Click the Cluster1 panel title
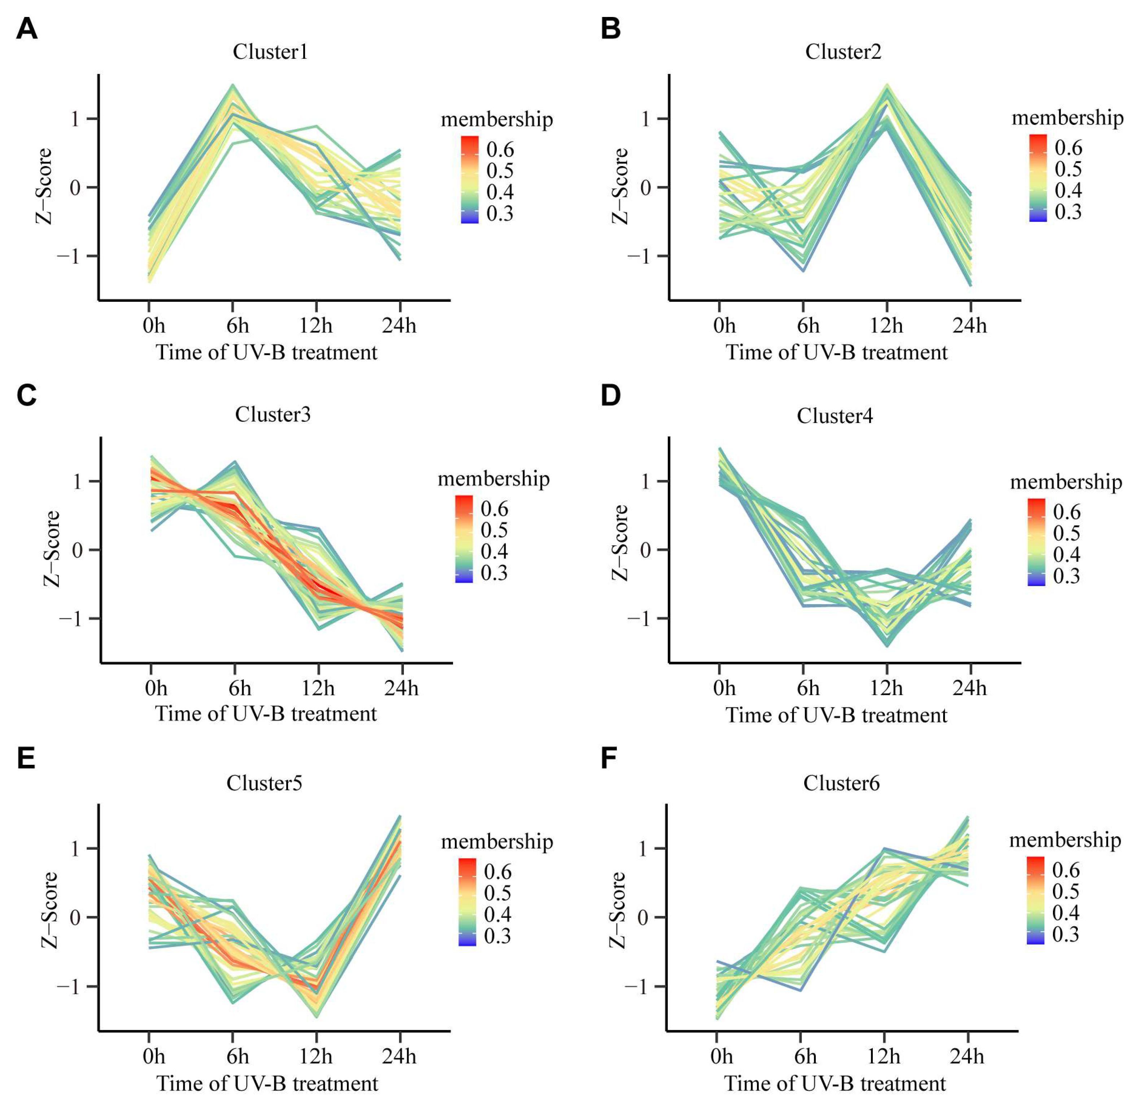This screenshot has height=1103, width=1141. pos(270,52)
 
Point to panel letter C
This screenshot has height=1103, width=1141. pos(27,395)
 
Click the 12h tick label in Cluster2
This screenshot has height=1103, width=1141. pos(887,325)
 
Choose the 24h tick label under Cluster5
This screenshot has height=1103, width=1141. pos(399,1056)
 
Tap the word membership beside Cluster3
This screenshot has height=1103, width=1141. pos(494,479)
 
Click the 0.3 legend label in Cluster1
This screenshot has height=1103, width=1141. pos(500,214)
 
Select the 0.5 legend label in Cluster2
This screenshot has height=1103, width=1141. pos(1068,169)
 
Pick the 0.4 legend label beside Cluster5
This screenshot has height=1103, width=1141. pos(498,914)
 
